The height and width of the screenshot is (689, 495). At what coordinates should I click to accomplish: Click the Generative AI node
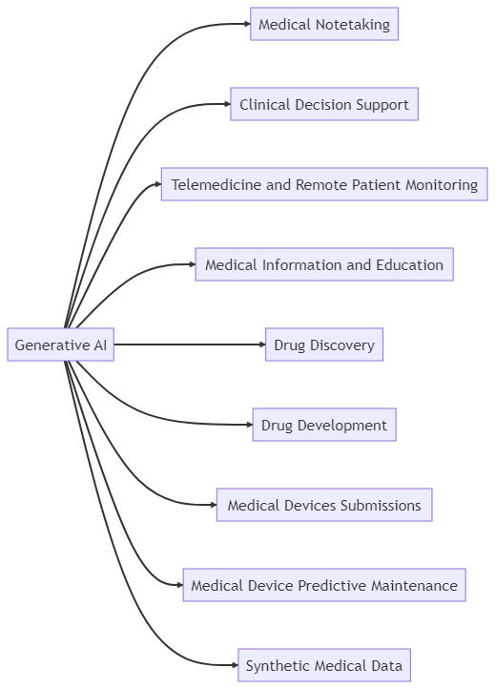point(60,344)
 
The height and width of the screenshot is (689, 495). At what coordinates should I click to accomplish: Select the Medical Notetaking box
point(323,25)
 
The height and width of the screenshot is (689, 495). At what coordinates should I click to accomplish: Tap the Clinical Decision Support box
point(323,105)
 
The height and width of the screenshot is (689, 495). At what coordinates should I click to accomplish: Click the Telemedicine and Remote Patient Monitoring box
point(323,184)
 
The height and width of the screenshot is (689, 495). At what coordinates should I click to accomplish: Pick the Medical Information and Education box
point(323,264)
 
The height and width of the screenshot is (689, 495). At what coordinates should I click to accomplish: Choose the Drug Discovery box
point(323,344)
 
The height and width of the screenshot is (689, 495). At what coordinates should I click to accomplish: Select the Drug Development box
point(323,425)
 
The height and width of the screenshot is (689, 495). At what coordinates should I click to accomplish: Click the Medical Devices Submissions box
point(323,505)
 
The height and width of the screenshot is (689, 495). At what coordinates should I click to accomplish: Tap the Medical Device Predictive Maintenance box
point(323,585)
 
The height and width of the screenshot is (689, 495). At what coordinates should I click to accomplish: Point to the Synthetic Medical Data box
point(323,664)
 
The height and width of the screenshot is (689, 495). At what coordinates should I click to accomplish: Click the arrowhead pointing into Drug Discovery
point(259,344)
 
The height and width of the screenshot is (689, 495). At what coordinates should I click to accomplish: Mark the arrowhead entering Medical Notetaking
point(245,25)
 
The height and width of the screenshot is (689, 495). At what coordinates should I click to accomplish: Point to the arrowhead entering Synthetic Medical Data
point(232,664)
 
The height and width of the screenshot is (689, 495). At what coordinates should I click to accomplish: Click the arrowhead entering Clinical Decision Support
point(225,105)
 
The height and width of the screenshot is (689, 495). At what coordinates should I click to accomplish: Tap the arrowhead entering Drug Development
point(246,425)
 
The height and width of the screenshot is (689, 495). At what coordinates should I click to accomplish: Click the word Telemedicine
point(216,184)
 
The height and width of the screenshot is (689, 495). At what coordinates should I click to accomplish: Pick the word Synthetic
point(277,664)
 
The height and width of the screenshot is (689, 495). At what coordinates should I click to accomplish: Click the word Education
point(409,264)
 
